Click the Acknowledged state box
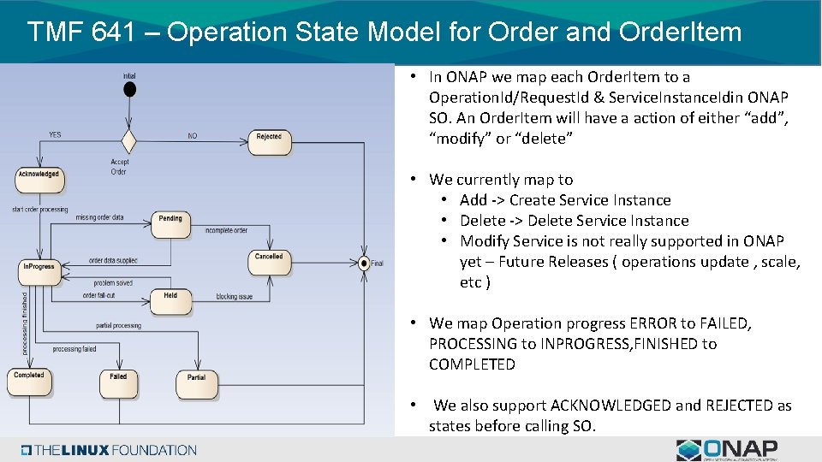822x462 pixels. [x=39, y=178]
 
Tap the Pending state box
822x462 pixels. [x=170, y=222]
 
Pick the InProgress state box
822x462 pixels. [x=39, y=270]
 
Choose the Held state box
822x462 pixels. [x=170, y=299]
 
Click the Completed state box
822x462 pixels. [x=29, y=380]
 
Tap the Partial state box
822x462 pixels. [x=196, y=382]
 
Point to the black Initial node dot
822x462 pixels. [x=128, y=89]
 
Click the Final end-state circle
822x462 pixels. [x=364, y=263]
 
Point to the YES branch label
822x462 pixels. [x=55, y=134]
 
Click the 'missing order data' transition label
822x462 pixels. [x=99, y=217]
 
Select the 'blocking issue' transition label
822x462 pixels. [x=234, y=297]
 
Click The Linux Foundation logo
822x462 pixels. [x=110, y=450]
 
